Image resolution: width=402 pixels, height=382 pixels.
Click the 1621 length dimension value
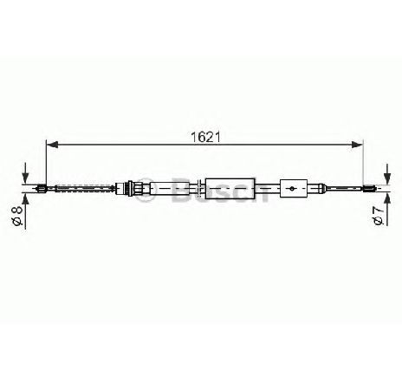[x=205, y=137]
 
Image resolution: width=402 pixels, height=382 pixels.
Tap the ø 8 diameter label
[x=18, y=215]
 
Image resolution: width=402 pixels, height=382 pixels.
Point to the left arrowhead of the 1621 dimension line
[x=52, y=145]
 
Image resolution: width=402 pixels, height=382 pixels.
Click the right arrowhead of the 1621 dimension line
[x=357, y=145]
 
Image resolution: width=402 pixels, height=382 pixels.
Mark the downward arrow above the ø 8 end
[x=26, y=173]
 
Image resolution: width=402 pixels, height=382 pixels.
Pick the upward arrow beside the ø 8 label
[x=26, y=211]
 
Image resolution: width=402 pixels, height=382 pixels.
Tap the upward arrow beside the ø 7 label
[x=388, y=210]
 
